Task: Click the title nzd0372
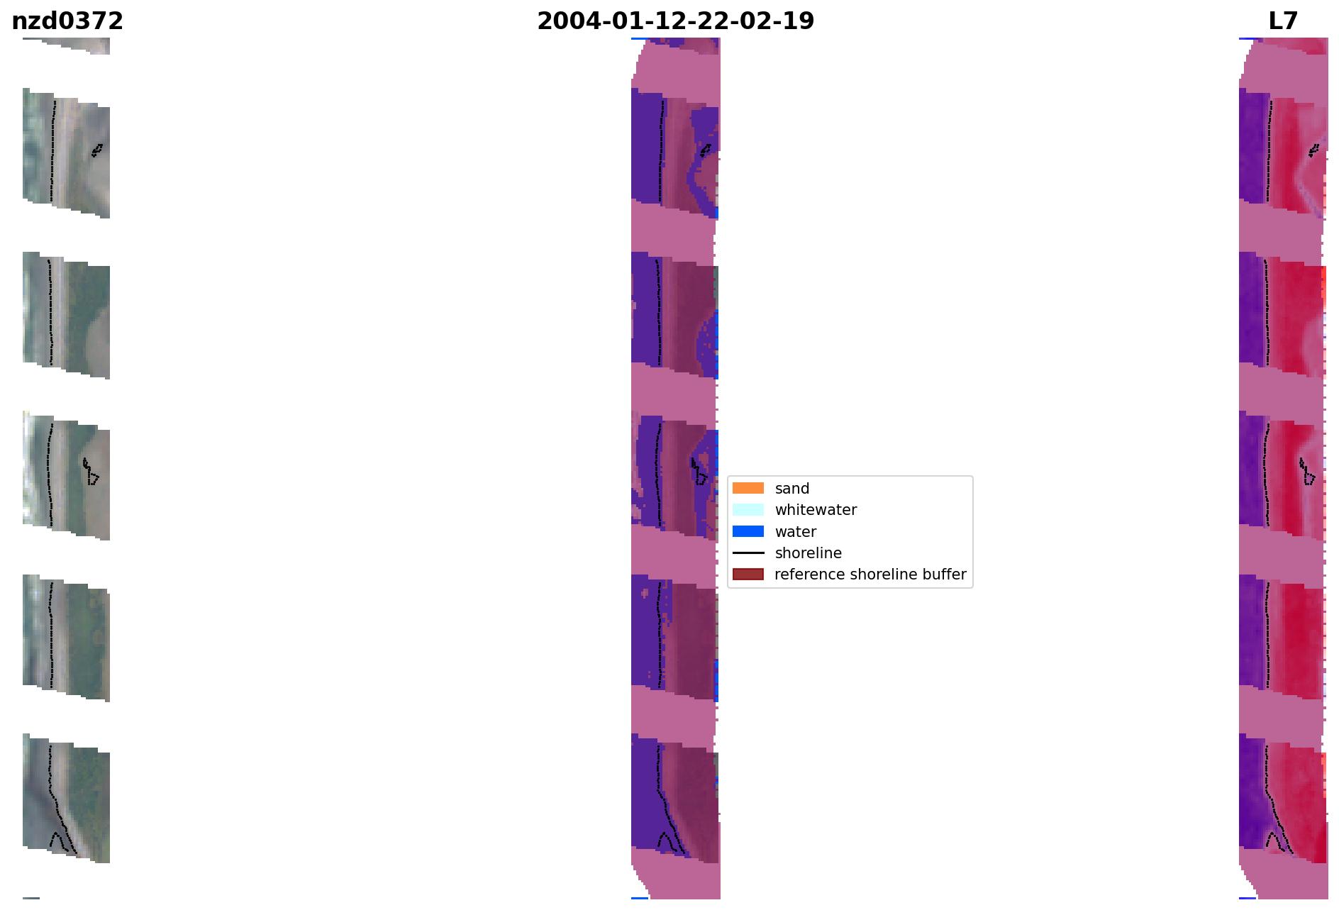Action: point(67,21)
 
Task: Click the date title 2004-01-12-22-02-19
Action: point(675,21)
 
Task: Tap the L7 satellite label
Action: point(1283,21)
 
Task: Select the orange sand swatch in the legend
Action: point(748,488)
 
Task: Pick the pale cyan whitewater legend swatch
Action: point(748,509)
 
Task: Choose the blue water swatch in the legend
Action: point(748,531)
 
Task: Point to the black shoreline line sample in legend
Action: point(748,553)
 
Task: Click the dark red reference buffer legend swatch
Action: point(748,574)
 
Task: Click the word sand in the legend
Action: point(792,489)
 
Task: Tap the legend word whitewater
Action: point(816,510)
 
